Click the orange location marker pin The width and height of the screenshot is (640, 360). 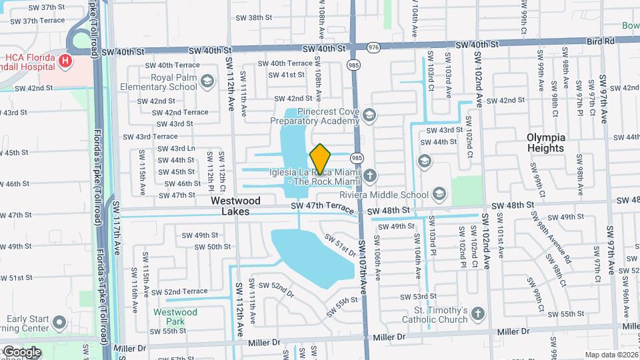tap(321, 159)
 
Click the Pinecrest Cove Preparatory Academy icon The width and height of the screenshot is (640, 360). tap(369, 116)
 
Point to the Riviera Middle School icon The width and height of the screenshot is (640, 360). tap(439, 194)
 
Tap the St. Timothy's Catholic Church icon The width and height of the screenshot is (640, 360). tap(477, 314)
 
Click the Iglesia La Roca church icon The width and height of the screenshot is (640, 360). tap(369, 176)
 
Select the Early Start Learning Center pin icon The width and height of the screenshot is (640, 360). tap(59, 323)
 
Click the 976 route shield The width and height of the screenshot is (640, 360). tap(373, 47)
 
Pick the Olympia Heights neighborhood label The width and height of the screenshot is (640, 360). tap(545, 143)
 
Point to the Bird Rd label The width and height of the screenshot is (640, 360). tap(601, 41)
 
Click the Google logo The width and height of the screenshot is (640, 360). tap(22, 351)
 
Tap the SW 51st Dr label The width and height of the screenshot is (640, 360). tap(341, 245)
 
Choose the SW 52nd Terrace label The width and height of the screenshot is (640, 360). tap(179, 291)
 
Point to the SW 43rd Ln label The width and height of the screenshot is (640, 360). tap(173, 149)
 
